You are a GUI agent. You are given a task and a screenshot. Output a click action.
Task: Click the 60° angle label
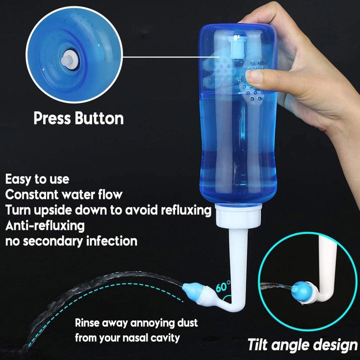pos(223,287)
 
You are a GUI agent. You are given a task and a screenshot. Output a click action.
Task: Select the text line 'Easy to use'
pos(37,179)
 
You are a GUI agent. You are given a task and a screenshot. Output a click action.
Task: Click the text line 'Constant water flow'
pos(64,195)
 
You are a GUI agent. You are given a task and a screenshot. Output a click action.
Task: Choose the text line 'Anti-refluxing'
pos(45,226)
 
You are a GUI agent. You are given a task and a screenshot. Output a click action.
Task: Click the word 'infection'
pos(111,241)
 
